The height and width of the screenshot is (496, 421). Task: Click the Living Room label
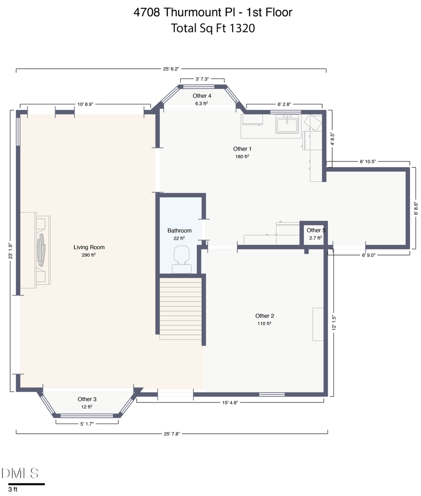click(89, 247)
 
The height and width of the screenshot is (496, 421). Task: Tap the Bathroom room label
click(180, 231)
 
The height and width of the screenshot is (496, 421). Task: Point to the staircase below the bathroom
click(181, 309)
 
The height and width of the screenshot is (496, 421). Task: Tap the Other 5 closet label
click(316, 230)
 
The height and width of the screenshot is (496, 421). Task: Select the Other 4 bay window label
click(202, 96)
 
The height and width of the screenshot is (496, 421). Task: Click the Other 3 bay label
click(87, 399)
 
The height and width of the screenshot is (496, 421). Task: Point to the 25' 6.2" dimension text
click(171, 69)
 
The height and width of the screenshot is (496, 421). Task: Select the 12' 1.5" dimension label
click(334, 323)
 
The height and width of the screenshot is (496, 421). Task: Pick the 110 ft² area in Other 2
click(264, 323)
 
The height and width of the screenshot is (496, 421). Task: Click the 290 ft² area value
click(89, 255)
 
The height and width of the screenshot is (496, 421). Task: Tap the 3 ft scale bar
click(27, 484)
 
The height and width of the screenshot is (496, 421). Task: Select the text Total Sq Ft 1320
click(213, 28)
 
